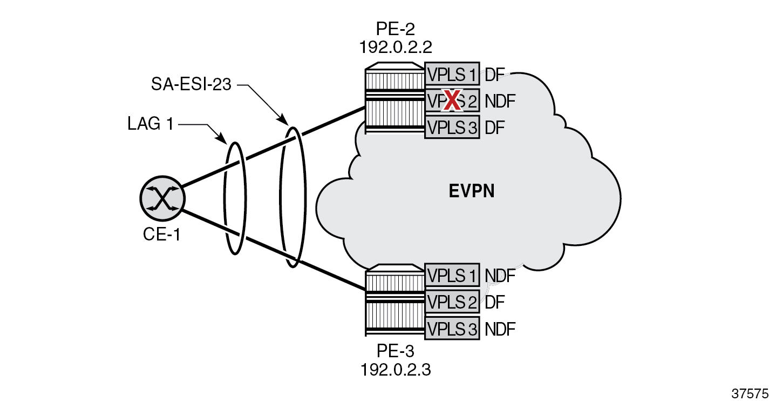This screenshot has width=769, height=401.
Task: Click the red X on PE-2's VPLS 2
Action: [452, 101]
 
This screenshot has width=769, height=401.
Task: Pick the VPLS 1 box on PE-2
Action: [452, 74]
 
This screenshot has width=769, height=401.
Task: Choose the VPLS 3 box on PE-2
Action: [452, 128]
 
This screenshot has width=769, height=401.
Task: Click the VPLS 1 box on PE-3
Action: [452, 276]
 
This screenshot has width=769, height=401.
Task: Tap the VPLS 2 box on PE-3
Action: [452, 302]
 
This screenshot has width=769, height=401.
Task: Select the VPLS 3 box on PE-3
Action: [452, 329]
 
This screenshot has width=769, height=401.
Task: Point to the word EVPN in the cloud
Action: [472, 192]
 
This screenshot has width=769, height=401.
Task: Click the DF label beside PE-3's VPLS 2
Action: [494, 302]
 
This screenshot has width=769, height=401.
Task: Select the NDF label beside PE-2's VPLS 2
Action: [500, 101]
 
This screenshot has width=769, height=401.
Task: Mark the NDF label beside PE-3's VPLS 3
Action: [500, 329]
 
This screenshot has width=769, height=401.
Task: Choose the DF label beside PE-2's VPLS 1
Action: [494, 74]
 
